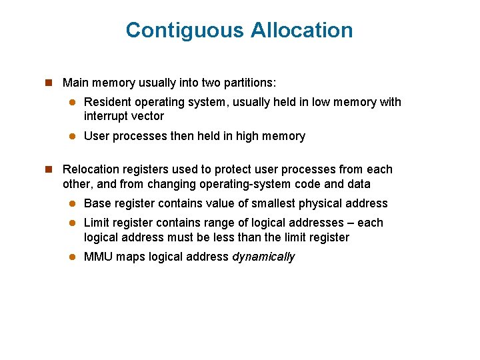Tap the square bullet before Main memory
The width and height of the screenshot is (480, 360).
pos(48,83)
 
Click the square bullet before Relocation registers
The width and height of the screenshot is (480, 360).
pos(48,169)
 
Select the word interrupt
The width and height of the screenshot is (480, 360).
pos(106,116)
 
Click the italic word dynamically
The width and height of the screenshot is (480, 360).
pos(263,257)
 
